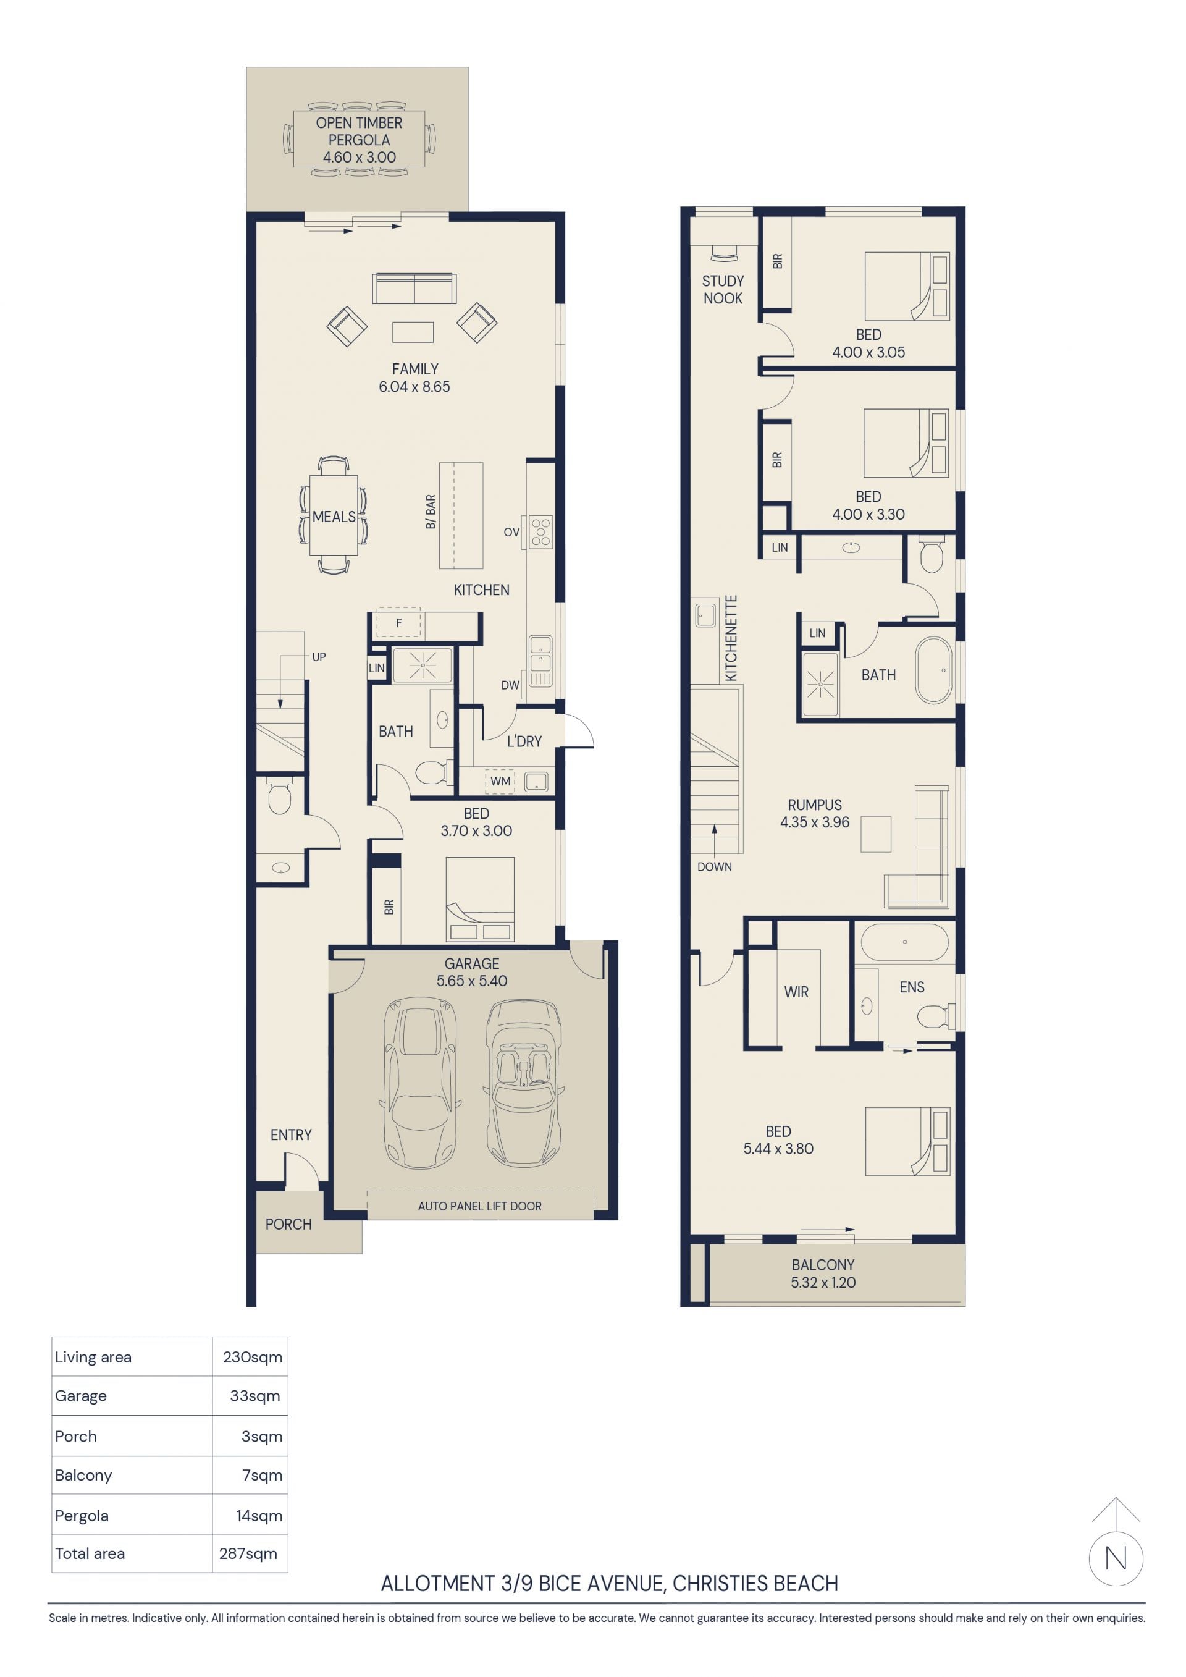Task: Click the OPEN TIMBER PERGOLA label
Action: tap(358, 132)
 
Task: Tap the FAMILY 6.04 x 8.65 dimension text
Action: tap(414, 387)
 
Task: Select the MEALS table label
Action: tap(334, 517)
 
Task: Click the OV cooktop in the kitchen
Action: tap(541, 532)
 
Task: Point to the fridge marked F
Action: tap(398, 623)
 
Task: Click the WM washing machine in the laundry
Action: tap(500, 781)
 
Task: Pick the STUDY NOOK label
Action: tap(723, 289)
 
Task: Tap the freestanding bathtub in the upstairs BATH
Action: tap(934, 670)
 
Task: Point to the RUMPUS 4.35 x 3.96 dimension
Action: tap(815, 822)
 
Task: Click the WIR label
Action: tap(796, 992)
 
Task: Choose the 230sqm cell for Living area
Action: tap(253, 1357)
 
